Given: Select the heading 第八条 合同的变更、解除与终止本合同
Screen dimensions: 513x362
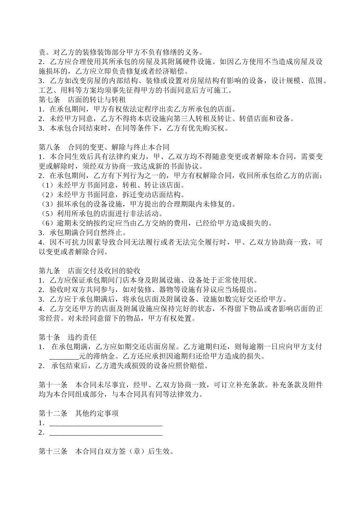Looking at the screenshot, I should click(104, 147).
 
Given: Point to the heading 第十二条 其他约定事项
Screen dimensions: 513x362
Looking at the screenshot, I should click(78, 413).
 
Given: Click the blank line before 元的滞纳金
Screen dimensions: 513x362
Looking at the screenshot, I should click(64, 357).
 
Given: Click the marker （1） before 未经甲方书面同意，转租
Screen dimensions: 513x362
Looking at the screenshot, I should click(48, 185).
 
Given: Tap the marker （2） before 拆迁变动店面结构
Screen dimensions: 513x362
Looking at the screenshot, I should click(48, 195).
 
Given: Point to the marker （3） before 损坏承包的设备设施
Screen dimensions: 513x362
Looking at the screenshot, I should click(48, 204).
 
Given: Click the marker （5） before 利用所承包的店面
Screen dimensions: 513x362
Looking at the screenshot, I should click(48, 214).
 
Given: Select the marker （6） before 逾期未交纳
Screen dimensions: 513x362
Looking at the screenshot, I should click(48, 223).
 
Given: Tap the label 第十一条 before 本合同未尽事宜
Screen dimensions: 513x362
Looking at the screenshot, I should click(53, 385).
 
